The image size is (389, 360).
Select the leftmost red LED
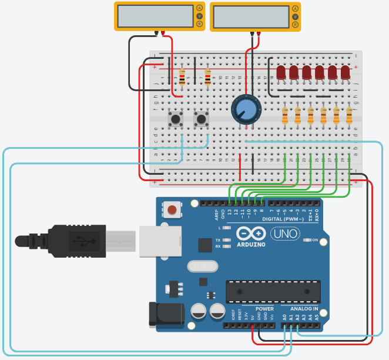point(281,72)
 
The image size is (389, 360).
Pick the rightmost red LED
point(346,72)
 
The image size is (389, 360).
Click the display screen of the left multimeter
point(155,16)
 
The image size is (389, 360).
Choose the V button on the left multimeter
point(199,16)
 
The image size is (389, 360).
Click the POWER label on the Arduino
point(264,309)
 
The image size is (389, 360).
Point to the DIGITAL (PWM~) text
point(283,219)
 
